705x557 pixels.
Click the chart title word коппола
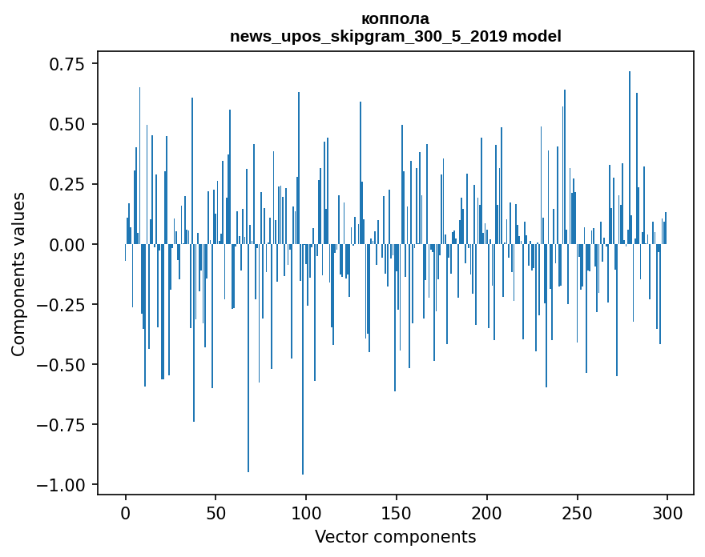point(395,19)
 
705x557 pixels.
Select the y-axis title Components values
point(18,273)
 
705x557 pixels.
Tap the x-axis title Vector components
point(395,537)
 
